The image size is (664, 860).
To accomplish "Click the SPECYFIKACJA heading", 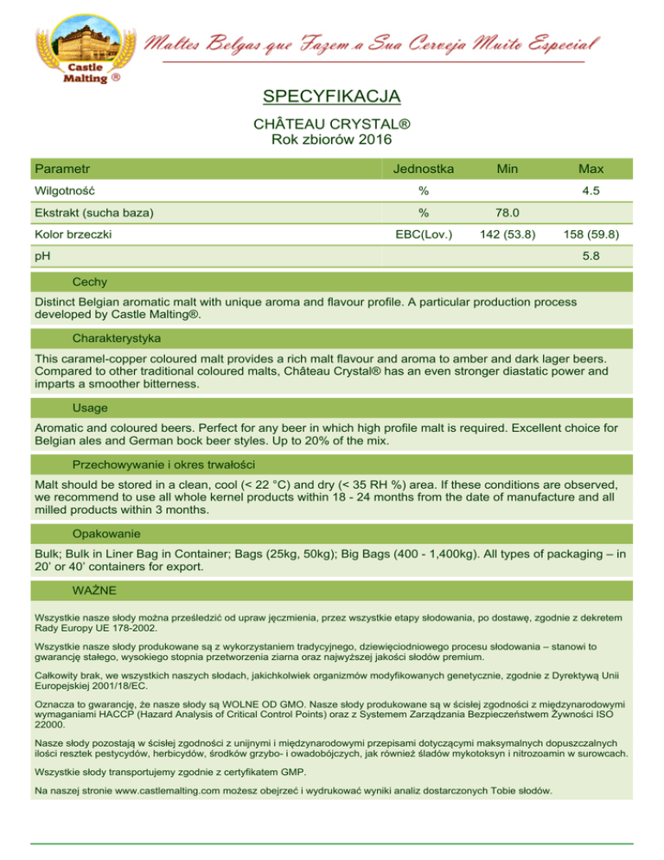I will [x=331, y=95].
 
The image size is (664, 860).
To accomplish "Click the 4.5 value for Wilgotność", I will [x=591, y=190].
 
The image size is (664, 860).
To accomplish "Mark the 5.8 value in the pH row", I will [x=591, y=256].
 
